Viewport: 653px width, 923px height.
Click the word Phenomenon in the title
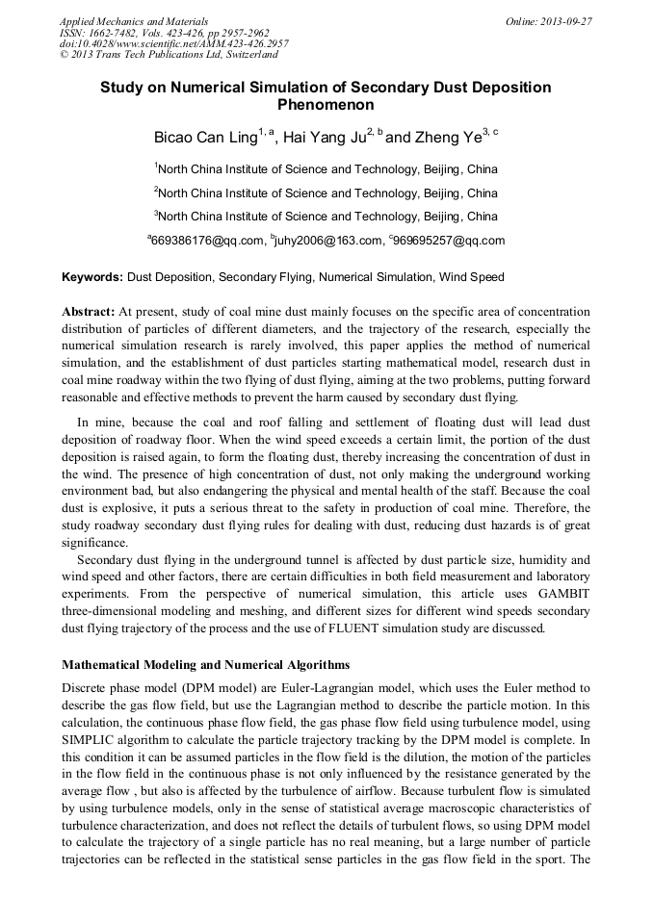(326, 105)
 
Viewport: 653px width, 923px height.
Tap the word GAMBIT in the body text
(559, 595)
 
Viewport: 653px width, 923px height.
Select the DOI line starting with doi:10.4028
(173, 43)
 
